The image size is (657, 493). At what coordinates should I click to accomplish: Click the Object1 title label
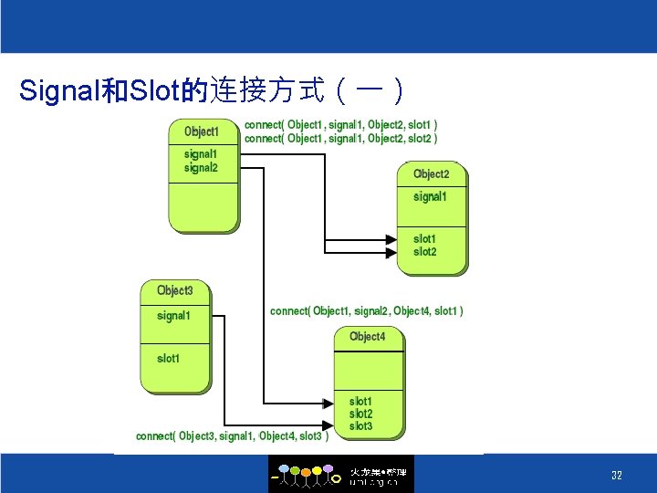pyautogui.click(x=202, y=131)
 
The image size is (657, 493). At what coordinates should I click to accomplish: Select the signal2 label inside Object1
pyautogui.click(x=201, y=168)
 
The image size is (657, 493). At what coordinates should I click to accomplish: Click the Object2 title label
pyautogui.click(x=431, y=174)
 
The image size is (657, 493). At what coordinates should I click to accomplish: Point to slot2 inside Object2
pyautogui.click(x=425, y=252)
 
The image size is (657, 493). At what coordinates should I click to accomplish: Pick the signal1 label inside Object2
pyautogui.click(x=430, y=197)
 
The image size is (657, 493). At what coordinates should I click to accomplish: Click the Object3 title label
pyautogui.click(x=174, y=291)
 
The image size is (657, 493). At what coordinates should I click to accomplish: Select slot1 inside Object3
pyautogui.click(x=169, y=359)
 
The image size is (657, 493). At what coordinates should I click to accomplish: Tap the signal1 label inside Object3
pyautogui.click(x=173, y=316)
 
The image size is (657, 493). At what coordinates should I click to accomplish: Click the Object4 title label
pyautogui.click(x=367, y=337)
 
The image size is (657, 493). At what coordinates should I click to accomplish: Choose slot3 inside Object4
pyautogui.click(x=361, y=426)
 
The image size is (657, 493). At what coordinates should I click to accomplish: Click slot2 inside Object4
pyautogui.click(x=361, y=414)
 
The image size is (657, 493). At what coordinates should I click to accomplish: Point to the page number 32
pyautogui.click(x=617, y=476)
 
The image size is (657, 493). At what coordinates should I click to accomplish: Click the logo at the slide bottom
pyautogui.click(x=340, y=475)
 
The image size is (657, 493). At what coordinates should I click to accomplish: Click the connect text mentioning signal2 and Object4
pyautogui.click(x=367, y=311)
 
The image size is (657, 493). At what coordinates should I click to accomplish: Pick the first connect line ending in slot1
pyautogui.click(x=340, y=125)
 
